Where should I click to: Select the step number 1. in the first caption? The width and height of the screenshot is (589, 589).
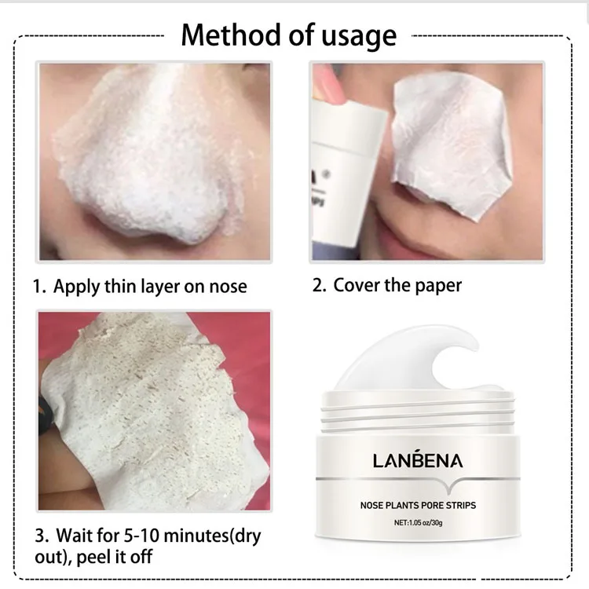39,285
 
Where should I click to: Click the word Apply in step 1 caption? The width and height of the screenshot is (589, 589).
77,286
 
